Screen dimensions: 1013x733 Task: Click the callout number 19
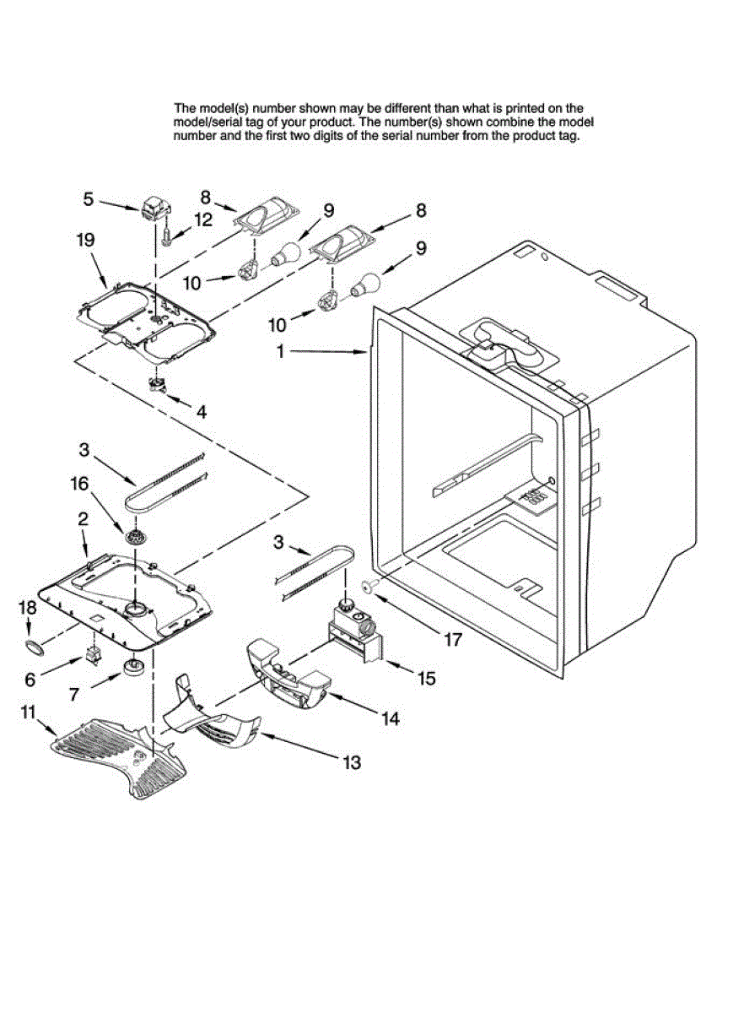click(x=85, y=240)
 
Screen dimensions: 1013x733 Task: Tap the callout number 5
click(x=88, y=199)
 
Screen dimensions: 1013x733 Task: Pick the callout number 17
click(x=453, y=639)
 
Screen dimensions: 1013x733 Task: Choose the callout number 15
click(x=427, y=678)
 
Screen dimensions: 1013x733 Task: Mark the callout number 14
click(x=390, y=718)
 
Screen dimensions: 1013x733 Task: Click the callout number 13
click(x=351, y=762)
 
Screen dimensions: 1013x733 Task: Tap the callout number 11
click(x=29, y=712)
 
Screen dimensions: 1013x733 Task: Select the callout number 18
click(x=28, y=607)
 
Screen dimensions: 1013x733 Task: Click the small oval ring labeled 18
click(x=34, y=647)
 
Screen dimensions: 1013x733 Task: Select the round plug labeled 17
click(x=369, y=585)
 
